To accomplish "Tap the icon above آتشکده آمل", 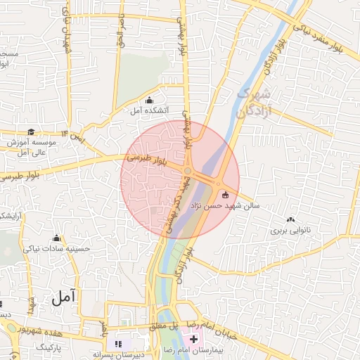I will (x=149, y=100).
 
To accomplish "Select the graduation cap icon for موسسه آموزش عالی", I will (x=30, y=131).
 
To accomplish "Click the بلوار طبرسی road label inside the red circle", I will (x=146, y=161).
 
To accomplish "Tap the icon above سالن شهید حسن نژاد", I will (x=225, y=195).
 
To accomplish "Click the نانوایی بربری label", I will (x=291, y=230).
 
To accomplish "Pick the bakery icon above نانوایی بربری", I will (x=291, y=220).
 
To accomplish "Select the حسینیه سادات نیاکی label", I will (x=57, y=248).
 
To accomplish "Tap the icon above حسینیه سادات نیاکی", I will (x=58, y=238).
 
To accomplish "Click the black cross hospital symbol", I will (x=193, y=340).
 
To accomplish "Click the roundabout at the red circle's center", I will (x=188, y=171).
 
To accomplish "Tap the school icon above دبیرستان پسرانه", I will (x=118, y=343).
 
